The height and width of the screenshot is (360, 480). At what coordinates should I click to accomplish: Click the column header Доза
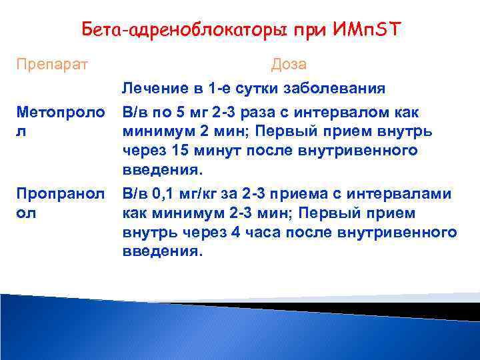point(289,65)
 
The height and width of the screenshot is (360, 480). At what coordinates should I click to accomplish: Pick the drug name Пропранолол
point(57,203)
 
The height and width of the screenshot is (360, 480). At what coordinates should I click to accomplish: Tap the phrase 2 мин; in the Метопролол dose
point(235,131)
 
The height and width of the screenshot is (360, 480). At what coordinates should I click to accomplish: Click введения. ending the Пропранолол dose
point(161,252)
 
